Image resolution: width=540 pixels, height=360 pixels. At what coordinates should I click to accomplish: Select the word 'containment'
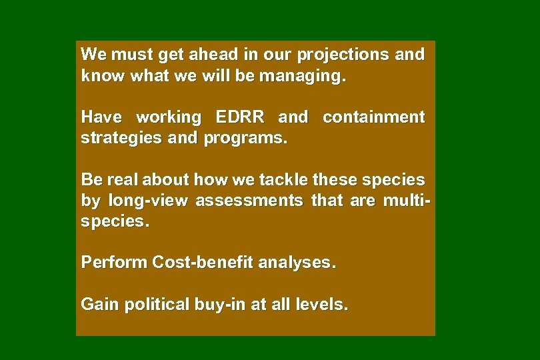[373, 117]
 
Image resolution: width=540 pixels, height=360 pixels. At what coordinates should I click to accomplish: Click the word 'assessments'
[249, 201]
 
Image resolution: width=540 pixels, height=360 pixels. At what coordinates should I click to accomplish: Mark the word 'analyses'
[297, 263]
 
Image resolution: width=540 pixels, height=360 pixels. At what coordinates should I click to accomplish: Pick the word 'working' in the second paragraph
[168, 117]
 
